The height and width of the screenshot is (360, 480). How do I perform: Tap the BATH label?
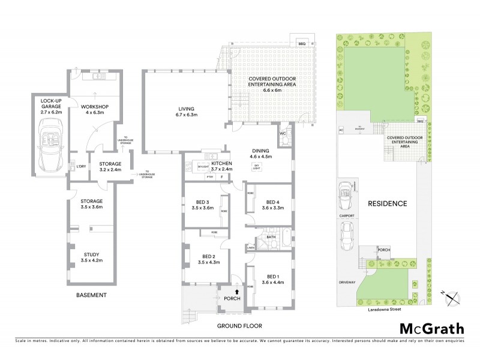pos(271,237)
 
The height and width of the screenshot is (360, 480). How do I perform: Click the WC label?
pos(283,134)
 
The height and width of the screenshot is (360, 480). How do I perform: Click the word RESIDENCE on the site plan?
pos(388,203)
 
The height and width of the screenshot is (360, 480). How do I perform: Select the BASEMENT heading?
pos(91,295)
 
